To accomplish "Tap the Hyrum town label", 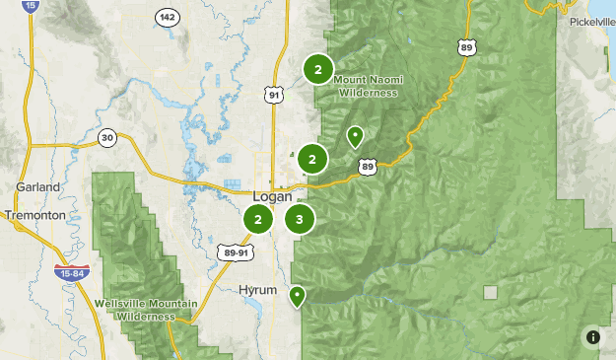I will point(258,290).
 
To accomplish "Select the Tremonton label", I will point(34,215).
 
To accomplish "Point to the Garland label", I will point(38,186).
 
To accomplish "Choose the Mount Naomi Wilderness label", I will point(368,87).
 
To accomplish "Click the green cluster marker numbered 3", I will point(300,220).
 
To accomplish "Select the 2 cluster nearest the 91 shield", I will point(317,69).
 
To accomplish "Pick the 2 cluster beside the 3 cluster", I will point(258,220).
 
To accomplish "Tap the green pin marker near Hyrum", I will point(297,295).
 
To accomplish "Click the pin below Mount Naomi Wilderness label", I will point(355,136).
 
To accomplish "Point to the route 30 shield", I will point(107,137).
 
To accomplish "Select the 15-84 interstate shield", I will point(68,272).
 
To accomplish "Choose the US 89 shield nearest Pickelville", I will point(464,45).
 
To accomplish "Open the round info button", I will point(592,336).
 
